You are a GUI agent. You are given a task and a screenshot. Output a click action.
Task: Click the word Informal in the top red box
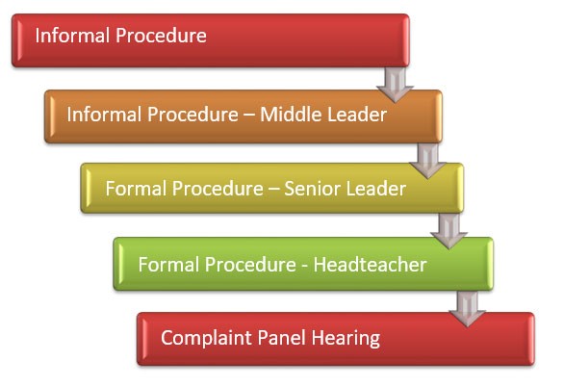[72, 36]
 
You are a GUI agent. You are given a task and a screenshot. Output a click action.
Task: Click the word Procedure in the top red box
[161, 36]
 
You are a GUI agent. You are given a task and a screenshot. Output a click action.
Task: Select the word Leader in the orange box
[357, 115]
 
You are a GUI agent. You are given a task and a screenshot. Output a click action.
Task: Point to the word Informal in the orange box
[104, 115]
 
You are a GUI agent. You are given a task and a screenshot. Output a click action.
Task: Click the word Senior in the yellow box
[310, 189]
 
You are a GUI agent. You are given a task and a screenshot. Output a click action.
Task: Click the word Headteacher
[371, 265]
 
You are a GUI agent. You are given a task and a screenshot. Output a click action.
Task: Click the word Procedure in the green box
[250, 265]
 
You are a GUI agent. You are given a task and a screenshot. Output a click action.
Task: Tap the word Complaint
[206, 338]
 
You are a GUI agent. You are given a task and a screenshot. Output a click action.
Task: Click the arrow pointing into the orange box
[395, 85]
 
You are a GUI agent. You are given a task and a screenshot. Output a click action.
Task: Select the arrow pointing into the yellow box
[427, 161]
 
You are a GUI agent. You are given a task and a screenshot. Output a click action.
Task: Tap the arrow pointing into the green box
[449, 231]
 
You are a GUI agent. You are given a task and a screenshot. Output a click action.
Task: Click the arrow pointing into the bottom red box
[467, 309]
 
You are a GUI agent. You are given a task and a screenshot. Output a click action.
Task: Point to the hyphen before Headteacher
[305, 266]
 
